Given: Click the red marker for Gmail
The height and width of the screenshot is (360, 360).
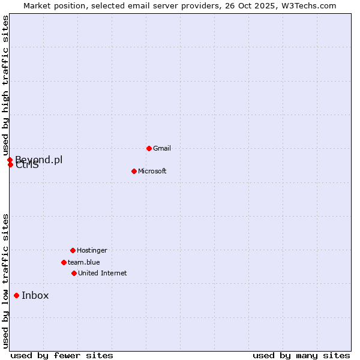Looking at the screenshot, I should click(x=149, y=148).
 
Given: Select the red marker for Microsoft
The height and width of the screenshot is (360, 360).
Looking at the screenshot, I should click(x=134, y=171).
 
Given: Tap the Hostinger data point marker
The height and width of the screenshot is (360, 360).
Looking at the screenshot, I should click(x=73, y=250).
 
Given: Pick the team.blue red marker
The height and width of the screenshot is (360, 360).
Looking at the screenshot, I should click(x=64, y=262).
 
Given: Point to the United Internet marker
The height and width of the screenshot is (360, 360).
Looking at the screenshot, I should click(x=74, y=273).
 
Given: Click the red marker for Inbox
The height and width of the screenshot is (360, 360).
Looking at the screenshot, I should click(x=16, y=295).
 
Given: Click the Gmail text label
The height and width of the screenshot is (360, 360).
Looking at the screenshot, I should click(x=162, y=148).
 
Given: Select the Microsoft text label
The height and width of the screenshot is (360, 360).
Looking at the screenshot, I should click(x=152, y=171).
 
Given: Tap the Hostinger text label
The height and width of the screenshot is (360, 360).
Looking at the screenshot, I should click(x=92, y=250).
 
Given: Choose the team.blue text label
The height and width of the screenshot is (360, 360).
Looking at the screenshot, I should click(x=84, y=262).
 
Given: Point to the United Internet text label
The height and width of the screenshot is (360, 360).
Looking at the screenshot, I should click(x=103, y=273).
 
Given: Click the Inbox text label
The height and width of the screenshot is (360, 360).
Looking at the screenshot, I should click(x=35, y=295).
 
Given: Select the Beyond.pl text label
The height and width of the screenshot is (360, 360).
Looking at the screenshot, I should click(x=39, y=160).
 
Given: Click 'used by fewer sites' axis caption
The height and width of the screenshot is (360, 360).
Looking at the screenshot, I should click(x=62, y=355).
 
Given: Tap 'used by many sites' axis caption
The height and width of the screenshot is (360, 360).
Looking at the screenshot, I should click(x=301, y=355).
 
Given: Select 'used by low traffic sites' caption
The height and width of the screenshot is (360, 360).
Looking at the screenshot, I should click(x=5, y=281).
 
